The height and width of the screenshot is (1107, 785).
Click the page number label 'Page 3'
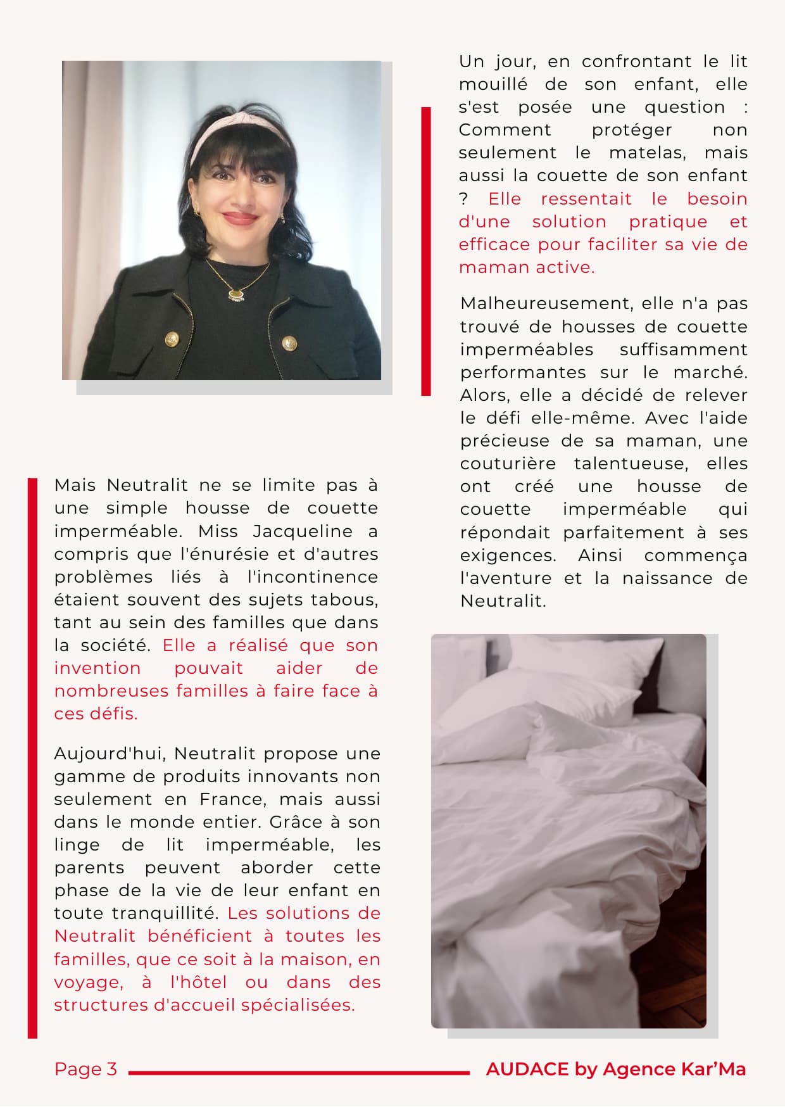point(85,1069)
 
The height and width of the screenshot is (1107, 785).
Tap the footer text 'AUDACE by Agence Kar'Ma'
point(615,1069)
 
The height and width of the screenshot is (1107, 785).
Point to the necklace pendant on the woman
point(236,294)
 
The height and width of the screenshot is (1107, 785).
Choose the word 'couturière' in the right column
point(508,464)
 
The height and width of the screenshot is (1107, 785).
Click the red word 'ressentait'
point(586,199)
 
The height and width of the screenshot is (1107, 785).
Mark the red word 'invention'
point(97,668)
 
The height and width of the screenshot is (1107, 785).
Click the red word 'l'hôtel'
point(198,982)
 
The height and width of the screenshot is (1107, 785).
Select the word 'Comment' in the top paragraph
point(505,130)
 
